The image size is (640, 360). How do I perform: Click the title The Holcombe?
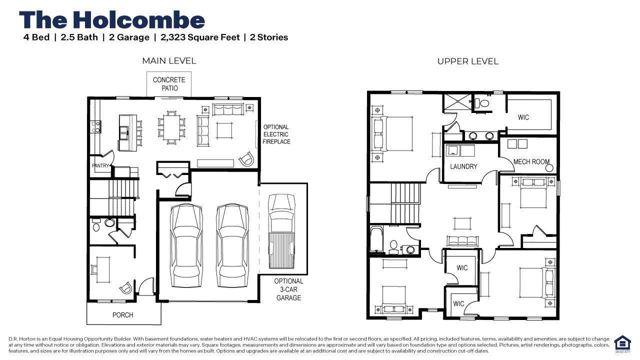coord(112,20)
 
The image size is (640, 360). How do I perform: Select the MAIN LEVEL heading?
coord(169,60)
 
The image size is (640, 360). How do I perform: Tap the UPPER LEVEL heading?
coord(467,61)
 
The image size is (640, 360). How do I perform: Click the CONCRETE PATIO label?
coord(169,84)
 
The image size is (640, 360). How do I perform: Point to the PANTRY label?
coord(100,165)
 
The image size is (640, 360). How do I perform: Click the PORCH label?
coord(122,315)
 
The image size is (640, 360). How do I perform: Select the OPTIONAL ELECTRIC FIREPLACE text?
coord(276,134)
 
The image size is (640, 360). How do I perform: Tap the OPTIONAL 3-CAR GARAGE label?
coord(288,289)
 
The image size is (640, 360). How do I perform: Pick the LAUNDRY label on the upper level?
coord(463,166)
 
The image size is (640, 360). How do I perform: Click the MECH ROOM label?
coord(531,161)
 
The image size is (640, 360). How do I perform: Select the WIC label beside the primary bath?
coord(523,117)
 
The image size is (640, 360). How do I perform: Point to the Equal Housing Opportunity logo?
coord(622,343)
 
